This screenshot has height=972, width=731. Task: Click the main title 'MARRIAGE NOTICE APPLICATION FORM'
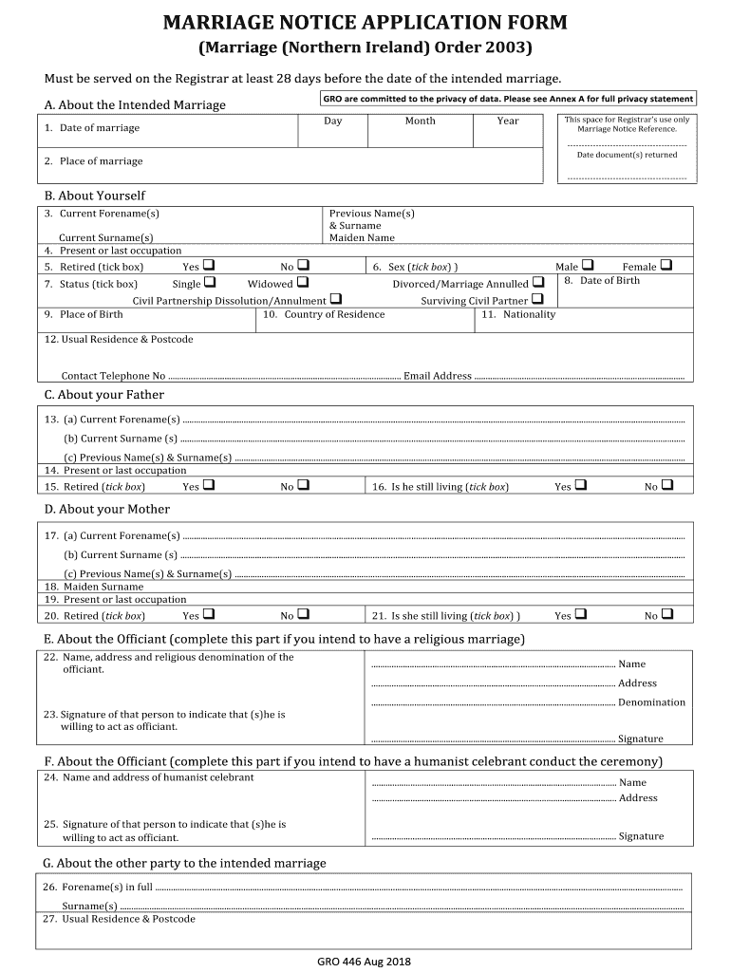click(365, 23)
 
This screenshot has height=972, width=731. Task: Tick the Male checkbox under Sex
click(587, 265)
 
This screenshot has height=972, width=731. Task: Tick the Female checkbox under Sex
click(665, 265)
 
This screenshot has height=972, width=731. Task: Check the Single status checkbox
click(209, 282)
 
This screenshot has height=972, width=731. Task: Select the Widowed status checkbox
click(302, 282)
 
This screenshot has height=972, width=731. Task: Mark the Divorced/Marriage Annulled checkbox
click(538, 282)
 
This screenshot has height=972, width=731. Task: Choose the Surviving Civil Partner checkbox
click(537, 299)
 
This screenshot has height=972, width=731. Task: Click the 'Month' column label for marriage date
click(420, 121)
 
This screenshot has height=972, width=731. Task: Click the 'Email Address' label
click(437, 376)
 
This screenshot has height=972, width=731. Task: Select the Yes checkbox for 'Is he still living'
click(581, 485)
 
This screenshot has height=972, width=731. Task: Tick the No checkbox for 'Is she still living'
click(666, 614)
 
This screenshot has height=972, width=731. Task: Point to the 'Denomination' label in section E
click(651, 702)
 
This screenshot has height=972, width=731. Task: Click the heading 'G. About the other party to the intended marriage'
click(184, 863)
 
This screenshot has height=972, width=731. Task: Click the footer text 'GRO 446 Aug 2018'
click(365, 961)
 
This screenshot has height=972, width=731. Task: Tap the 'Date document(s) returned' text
click(627, 155)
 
